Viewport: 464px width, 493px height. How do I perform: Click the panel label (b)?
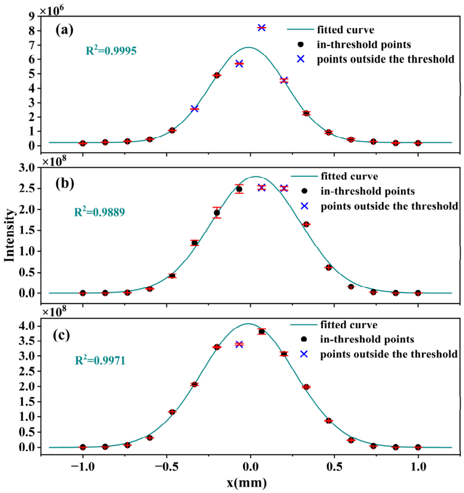(66, 185)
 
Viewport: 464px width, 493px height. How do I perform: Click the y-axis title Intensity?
(10, 235)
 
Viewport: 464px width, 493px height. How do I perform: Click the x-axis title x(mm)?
(250, 482)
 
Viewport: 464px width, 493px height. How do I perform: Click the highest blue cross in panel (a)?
(262, 28)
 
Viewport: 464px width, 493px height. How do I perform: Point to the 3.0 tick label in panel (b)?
(28, 168)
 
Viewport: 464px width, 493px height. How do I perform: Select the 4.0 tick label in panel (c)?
(28, 326)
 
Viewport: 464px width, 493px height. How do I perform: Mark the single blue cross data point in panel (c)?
(239, 344)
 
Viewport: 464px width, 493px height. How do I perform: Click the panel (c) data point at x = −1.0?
(83, 447)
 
